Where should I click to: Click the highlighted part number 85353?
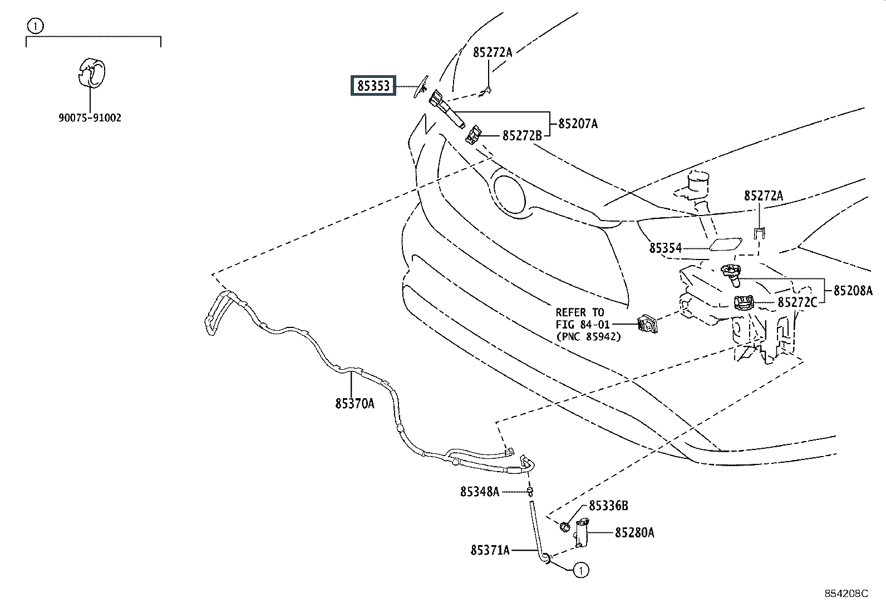tap(373, 86)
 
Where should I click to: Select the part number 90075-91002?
tap(90, 118)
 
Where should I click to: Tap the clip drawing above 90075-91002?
tap(91, 73)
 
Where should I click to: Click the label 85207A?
tap(578, 124)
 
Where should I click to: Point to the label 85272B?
tap(522, 136)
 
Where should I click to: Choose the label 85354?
tap(666, 248)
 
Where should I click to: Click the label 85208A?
tap(853, 291)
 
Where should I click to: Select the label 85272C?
tap(797, 302)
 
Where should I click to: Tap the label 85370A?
tap(355, 403)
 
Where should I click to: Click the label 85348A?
tap(480, 492)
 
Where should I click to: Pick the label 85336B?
tap(609, 506)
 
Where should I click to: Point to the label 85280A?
tap(635, 533)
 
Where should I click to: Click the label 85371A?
tap(490, 550)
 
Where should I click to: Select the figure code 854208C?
tap(846, 594)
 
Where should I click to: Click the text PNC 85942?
tap(589, 337)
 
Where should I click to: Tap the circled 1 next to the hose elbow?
tap(580, 570)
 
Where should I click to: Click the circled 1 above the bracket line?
tap(35, 27)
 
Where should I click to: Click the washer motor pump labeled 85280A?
tap(581, 533)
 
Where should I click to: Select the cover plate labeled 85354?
tap(725, 244)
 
